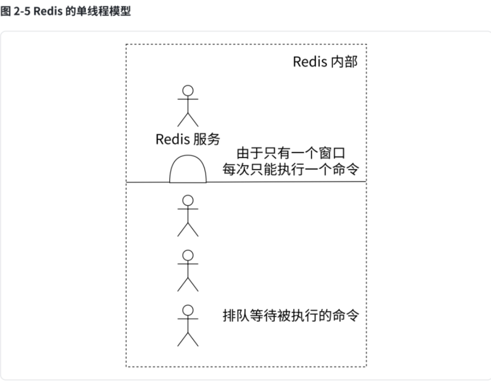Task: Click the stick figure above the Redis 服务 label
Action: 188,106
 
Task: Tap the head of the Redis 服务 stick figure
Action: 188,91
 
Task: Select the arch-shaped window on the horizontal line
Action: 188,171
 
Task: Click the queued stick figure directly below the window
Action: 188,215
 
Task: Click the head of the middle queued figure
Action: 188,255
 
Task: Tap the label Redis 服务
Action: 188,140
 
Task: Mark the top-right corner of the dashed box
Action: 366,44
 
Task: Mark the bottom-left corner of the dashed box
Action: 126,367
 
